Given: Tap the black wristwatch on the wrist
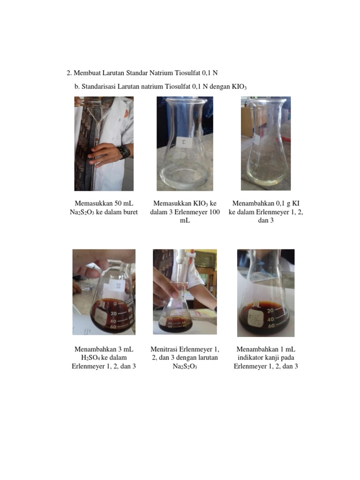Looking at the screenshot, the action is tap(124, 152).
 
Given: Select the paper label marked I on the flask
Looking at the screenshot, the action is tap(184, 142).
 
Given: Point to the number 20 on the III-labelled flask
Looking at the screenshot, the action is tap(113, 314).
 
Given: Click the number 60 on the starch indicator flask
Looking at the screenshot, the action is tap(271, 326).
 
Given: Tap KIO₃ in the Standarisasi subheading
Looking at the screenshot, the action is tap(239, 87).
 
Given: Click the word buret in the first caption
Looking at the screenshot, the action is tap(130, 212).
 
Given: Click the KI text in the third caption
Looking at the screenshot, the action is tap(295, 203).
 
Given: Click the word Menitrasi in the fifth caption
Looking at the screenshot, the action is tap(164, 349).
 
